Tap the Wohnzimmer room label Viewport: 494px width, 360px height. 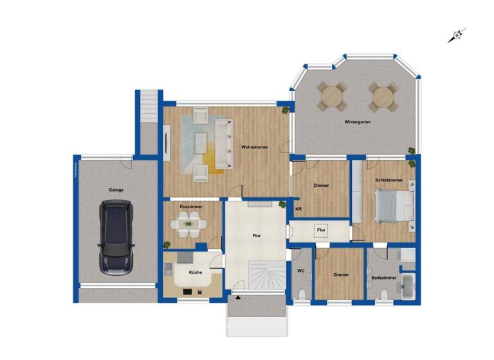click(255, 147)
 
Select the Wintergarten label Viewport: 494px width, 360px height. click(357, 122)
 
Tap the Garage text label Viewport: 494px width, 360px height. click(116, 190)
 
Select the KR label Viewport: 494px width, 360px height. click(298, 209)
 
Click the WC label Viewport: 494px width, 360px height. click(300, 271)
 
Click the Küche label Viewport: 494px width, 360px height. click(195, 273)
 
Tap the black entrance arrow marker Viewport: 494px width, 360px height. click(238, 298)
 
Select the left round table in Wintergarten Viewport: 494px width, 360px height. click(332, 97)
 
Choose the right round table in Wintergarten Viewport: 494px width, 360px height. click(381, 97)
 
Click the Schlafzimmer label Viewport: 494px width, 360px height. click(389, 181)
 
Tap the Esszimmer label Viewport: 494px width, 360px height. click(191, 206)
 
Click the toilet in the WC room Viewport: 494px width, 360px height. click(303, 294)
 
